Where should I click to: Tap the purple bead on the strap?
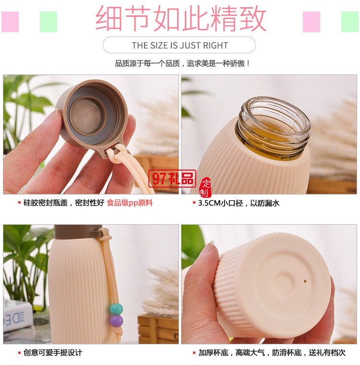pos(116,320)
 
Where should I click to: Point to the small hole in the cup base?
pos(305,280)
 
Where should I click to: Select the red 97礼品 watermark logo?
pos(172,178)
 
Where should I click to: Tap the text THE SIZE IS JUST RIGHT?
pos(180,46)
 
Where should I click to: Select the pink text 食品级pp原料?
pos(130,203)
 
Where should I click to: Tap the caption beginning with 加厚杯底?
pos(272,353)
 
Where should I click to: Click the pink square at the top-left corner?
pos(10,22)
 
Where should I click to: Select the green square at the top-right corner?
pos(349,22)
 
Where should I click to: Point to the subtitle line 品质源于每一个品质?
pos(182,63)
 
